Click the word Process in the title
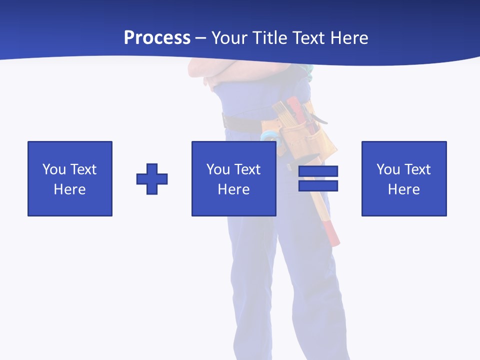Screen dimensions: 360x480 pos(157,38)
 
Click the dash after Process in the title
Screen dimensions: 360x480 pos(200,38)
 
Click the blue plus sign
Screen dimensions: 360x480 pos(152,179)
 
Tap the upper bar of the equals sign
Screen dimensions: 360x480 pos(318,171)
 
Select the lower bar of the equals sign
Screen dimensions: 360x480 pos(318,185)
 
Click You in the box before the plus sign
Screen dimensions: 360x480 pos(53,169)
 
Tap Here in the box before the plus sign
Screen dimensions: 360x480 pos(69,189)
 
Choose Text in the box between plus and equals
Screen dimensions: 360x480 pos(247,169)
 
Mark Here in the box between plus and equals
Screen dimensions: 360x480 pos(233,189)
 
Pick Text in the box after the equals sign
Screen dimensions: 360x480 pos(417,169)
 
